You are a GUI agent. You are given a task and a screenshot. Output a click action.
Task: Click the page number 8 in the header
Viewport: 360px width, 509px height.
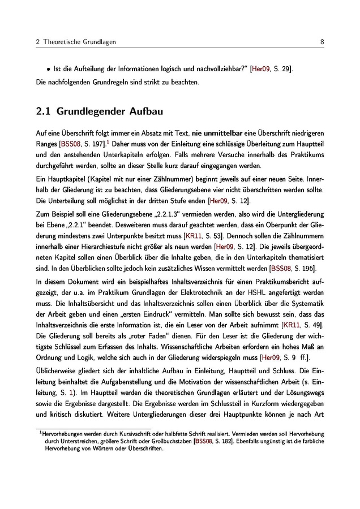pos(322,42)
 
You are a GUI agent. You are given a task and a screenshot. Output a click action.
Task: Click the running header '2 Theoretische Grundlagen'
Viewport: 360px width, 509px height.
pos(70,42)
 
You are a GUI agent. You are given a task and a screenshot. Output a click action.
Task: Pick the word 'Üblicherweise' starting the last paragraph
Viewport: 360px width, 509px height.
pos(59,372)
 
